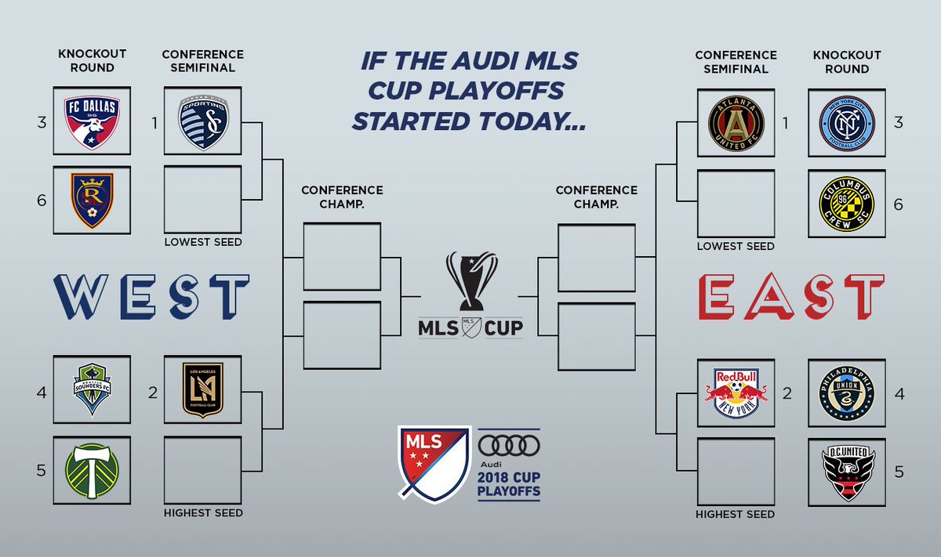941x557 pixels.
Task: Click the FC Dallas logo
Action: point(92,121)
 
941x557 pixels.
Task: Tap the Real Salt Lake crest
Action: point(92,200)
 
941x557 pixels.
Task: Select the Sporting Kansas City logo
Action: point(203,121)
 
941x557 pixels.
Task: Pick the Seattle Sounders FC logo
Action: point(92,389)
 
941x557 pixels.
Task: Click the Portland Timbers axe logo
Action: point(92,470)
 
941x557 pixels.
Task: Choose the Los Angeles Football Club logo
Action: point(203,389)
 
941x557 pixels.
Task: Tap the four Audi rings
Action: point(509,446)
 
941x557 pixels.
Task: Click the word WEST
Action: point(151,297)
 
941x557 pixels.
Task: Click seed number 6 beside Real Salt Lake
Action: point(41,200)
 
